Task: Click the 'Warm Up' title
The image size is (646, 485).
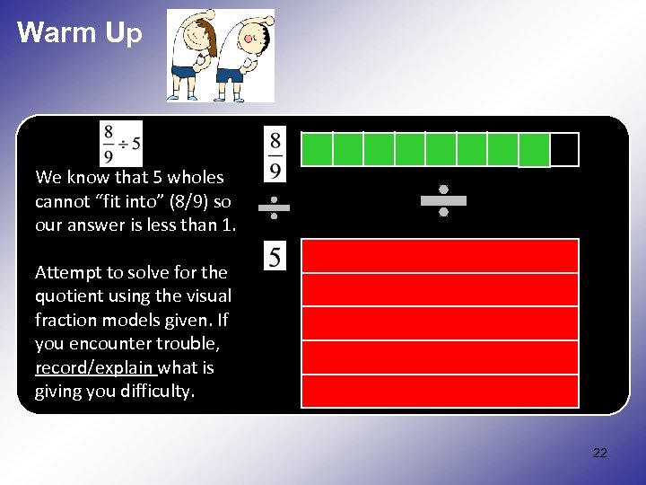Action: [x=80, y=33]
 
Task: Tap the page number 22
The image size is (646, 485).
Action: [x=599, y=453]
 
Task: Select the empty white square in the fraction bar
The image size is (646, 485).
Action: [x=564, y=150]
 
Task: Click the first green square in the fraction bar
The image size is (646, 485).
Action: [x=317, y=149]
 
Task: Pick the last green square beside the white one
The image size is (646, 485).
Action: [x=534, y=150]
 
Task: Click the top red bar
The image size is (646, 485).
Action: [x=440, y=256]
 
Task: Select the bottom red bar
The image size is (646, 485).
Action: [x=440, y=392]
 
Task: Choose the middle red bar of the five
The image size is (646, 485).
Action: [x=440, y=323]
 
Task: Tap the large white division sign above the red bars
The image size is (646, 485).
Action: [x=443, y=200]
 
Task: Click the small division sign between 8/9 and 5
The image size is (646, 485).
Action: [x=274, y=208]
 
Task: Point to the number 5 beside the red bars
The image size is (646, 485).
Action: [x=275, y=257]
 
